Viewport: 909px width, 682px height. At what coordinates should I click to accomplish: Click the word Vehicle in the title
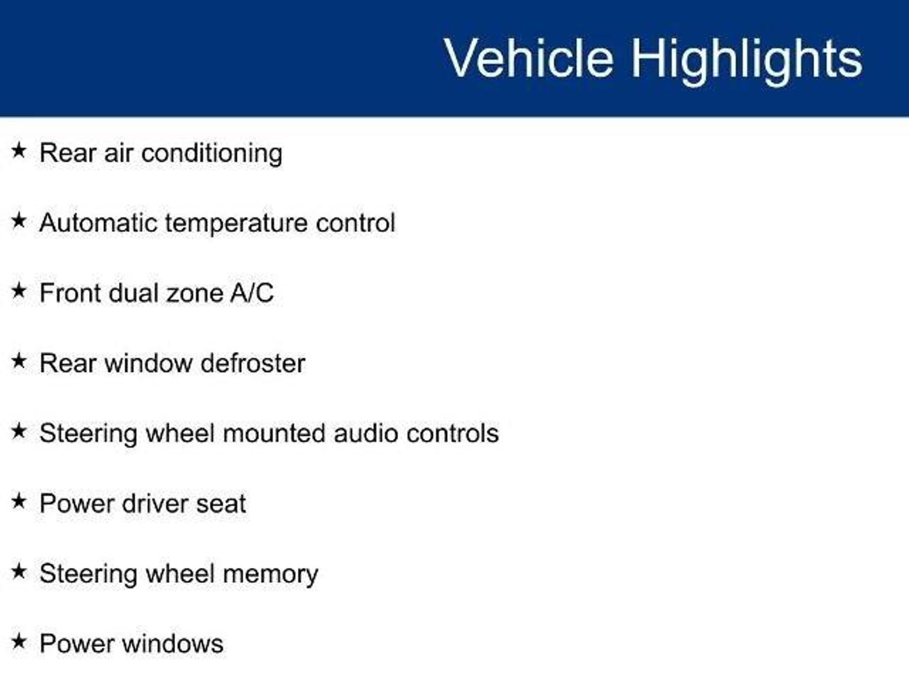(x=529, y=58)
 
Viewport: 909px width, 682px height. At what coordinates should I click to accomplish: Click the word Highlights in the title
(x=746, y=61)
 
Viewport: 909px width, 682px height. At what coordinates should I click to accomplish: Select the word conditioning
(x=212, y=154)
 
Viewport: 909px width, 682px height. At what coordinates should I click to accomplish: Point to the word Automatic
(x=98, y=222)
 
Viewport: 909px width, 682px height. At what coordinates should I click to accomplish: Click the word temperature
(x=236, y=224)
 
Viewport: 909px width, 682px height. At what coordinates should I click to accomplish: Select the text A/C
(x=252, y=293)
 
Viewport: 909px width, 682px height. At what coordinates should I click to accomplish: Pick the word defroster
(x=253, y=363)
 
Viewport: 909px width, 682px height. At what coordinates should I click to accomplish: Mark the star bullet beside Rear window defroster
(x=19, y=361)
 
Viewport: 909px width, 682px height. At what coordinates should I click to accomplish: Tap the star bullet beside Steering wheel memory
(x=19, y=571)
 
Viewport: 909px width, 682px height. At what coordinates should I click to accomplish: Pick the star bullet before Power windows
(x=19, y=641)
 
